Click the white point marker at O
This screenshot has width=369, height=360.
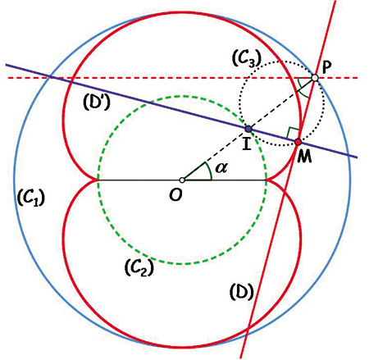click(x=182, y=180)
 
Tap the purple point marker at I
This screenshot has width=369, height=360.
click(x=248, y=129)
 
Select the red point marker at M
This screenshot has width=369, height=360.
click(x=298, y=142)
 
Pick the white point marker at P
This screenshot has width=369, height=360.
click(x=315, y=78)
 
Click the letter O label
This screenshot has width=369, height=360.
click(x=175, y=195)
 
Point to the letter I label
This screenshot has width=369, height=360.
click(x=247, y=144)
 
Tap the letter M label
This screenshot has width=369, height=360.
click(x=304, y=157)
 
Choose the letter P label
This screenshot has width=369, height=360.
click(x=327, y=67)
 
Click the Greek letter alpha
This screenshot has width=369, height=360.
click(x=221, y=167)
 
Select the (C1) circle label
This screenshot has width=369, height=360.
click(x=30, y=198)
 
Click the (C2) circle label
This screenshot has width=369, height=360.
click(x=139, y=267)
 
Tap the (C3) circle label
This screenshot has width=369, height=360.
click(x=247, y=59)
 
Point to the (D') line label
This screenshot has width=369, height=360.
click(x=97, y=102)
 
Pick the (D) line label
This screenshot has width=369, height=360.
click(x=242, y=292)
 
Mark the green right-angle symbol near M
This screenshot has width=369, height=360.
click(x=290, y=132)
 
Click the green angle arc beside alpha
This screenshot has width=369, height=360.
click(x=208, y=171)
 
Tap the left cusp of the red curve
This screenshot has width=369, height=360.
click(x=98, y=180)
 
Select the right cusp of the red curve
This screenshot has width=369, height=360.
click(x=266, y=180)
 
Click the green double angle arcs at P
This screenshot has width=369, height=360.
click(x=303, y=87)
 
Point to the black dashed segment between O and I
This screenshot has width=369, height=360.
click(x=215, y=154)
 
